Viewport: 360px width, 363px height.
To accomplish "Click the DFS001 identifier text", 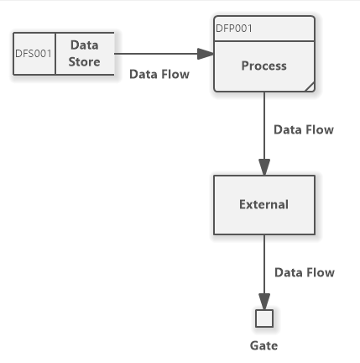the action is coord(34,54).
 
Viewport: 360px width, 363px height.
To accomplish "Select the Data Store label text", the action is coord(84,53).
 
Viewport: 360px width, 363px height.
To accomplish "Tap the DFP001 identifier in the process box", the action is coord(234,29).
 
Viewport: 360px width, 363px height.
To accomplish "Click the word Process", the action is coord(264,66).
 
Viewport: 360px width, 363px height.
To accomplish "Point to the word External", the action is coord(264,204).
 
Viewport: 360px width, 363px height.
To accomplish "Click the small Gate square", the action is coord(264,318).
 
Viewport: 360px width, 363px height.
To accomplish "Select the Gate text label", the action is coord(264,345).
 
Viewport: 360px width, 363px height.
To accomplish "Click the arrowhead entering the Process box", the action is coord(206,54).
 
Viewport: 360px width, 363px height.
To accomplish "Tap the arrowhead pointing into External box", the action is coord(264,167).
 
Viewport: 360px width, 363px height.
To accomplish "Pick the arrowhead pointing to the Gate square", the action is coord(264,302).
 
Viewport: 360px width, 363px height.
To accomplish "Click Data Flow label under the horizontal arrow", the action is coord(159,74).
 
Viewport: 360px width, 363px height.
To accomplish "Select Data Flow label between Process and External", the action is coord(304,129).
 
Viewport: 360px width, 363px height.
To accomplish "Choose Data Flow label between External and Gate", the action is coord(305,272).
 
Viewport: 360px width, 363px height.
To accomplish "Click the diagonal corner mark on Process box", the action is coord(310,87).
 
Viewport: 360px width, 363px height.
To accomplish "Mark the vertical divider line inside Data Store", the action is coord(55,54).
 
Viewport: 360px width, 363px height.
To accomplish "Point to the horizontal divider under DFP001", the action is coord(264,41).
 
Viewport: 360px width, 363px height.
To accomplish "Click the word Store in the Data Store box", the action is coord(84,61).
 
